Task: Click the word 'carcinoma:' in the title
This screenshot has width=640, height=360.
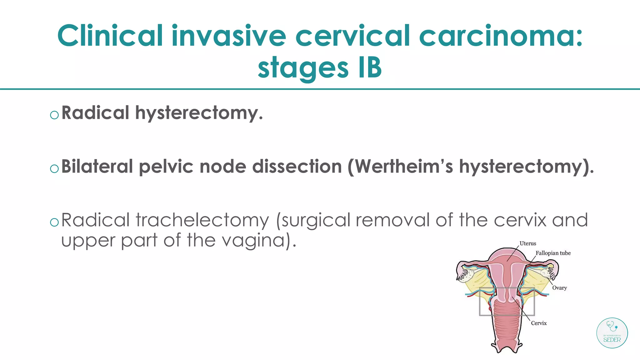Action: pyautogui.click(x=501, y=36)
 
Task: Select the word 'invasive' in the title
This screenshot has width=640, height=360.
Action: pyautogui.click(x=229, y=36)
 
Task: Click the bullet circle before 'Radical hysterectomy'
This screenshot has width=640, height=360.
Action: pyautogui.click(x=54, y=115)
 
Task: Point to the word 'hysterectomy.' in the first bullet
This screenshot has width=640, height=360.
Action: pyautogui.click(x=199, y=113)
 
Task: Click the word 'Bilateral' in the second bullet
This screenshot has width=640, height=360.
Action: pyautogui.click(x=97, y=166)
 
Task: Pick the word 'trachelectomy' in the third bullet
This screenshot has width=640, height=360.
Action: pyautogui.click(x=202, y=220)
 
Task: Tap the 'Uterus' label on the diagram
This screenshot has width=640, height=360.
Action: pyautogui.click(x=528, y=243)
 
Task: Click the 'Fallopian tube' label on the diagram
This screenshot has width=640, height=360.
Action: pyautogui.click(x=553, y=253)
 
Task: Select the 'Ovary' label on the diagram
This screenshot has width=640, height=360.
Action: pyautogui.click(x=559, y=288)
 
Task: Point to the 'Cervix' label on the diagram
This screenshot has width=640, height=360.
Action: pyautogui.click(x=539, y=323)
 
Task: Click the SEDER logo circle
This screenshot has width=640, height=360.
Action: pyautogui.click(x=612, y=333)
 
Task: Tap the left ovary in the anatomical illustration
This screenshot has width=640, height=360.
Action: pyautogui.click(x=468, y=274)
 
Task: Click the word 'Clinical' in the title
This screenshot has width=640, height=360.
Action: pyautogui.click(x=110, y=36)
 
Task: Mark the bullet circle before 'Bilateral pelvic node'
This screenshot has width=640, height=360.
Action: pyautogui.click(x=54, y=169)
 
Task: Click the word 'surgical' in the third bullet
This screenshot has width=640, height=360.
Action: pyautogui.click(x=316, y=220)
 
